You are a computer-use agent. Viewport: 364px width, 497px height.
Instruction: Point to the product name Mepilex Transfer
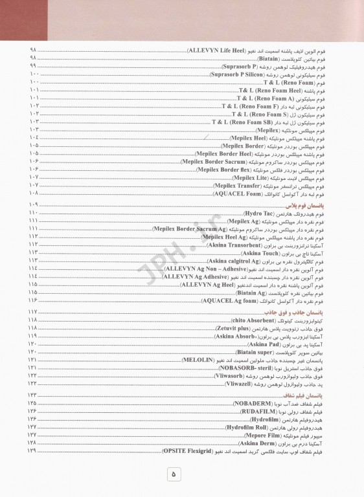point(236,185)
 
